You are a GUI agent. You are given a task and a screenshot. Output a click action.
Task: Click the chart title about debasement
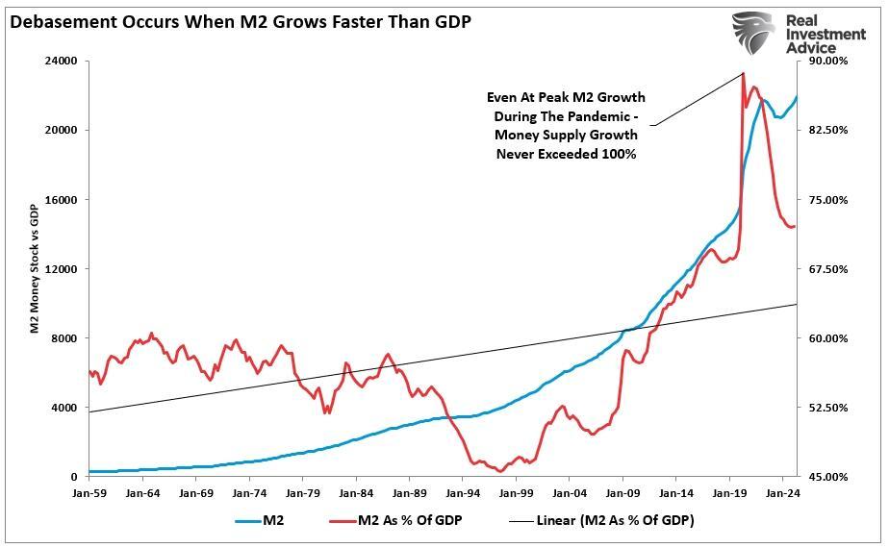[241, 20]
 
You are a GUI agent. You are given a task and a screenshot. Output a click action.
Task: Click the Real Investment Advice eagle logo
[752, 33]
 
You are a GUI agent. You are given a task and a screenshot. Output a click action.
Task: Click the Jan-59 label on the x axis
[89, 492]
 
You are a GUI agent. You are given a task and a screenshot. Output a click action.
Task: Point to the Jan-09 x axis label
[622, 492]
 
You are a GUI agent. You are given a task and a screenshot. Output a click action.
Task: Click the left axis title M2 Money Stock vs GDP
[34, 269]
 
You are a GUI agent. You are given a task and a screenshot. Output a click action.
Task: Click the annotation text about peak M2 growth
[566, 125]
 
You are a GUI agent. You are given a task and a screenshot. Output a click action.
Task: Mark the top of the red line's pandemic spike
[744, 74]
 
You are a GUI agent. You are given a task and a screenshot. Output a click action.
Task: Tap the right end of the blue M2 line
[797, 97]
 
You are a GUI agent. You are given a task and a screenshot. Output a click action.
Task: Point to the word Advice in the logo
[811, 47]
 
